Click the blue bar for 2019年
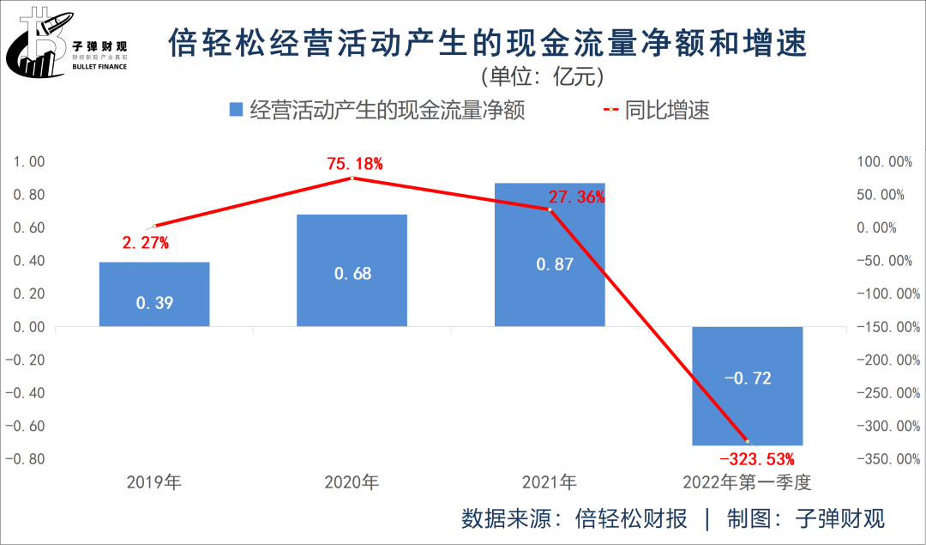click(x=154, y=294)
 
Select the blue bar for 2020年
click(x=352, y=269)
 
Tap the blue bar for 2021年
click(x=550, y=254)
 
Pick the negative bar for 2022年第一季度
click(x=748, y=385)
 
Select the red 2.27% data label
click(x=146, y=243)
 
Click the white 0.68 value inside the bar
click(x=352, y=274)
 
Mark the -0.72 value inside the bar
click(x=748, y=378)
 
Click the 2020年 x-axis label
click(x=352, y=482)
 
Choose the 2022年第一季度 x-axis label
click(x=747, y=482)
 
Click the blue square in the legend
click(x=236, y=110)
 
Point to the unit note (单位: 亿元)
click(x=543, y=76)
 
